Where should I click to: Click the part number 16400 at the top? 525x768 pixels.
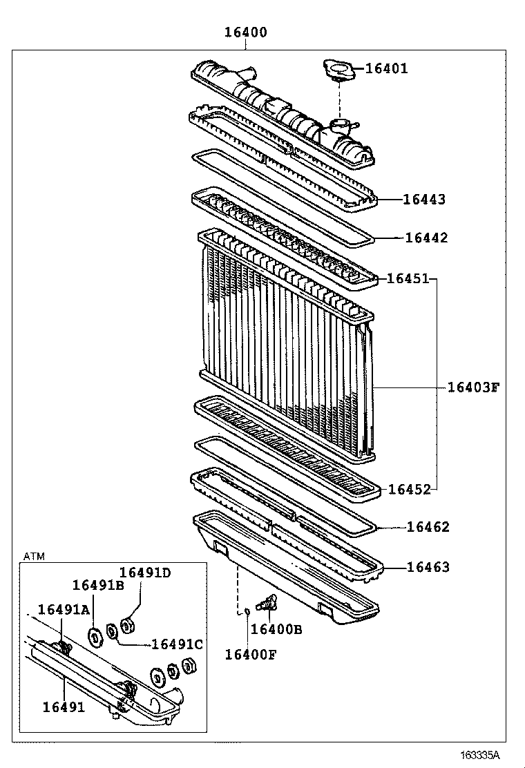pyautogui.click(x=247, y=32)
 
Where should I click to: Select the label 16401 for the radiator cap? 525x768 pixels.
pyautogui.click(x=386, y=68)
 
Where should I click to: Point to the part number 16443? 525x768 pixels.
pyautogui.click(x=424, y=200)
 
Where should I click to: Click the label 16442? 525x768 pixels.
pyautogui.click(x=426, y=238)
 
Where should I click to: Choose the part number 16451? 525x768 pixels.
pyautogui.click(x=408, y=278)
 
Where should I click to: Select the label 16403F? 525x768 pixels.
pyautogui.click(x=472, y=387)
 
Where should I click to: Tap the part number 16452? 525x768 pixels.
pyautogui.click(x=410, y=489)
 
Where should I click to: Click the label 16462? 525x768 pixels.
pyautogui.click(x=428, y=528)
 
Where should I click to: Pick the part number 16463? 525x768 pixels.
pyautogui.click(x=428, y=567)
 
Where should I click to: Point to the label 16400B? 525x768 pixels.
pyautogui.click(x=276, y=629)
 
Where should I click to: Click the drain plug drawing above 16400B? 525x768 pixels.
pyautogui.click(x=265, y=602)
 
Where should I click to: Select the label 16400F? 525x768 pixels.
pyautogui.click(x=250, y=654)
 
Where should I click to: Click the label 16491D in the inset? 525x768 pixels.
pyautogui.click(x=144, y=572)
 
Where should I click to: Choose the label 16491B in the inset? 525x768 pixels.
pyautogui.click(x=98, y=586)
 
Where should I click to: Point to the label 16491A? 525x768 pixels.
pyautogui.click(x=64, y=609)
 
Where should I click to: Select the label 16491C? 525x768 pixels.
pyautogui.click(x=177, y=644)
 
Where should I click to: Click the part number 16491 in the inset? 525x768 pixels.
pyautogui.click(x=64, y=707)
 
